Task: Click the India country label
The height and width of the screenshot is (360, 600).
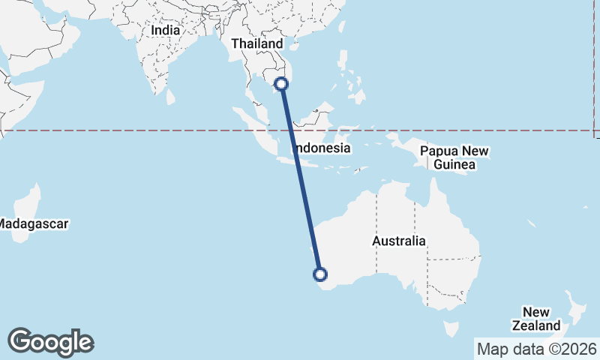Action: pos(165,31)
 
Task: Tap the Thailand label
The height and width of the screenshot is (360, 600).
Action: pos(257,43)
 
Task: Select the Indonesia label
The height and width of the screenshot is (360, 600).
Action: pos(322,148)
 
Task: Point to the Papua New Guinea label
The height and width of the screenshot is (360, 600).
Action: pos(454,157)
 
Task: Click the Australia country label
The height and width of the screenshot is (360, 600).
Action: pos(399,241)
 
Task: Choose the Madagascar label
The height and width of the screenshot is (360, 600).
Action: pos(34,223)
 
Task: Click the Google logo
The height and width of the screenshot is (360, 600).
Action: pos(51,341)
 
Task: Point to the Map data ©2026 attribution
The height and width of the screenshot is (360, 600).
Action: pos(536,349)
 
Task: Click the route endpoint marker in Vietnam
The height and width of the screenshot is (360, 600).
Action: pos(282,84)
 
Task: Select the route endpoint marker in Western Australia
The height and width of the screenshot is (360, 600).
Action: pos(321,274)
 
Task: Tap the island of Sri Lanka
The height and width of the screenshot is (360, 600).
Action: pos(171,96)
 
